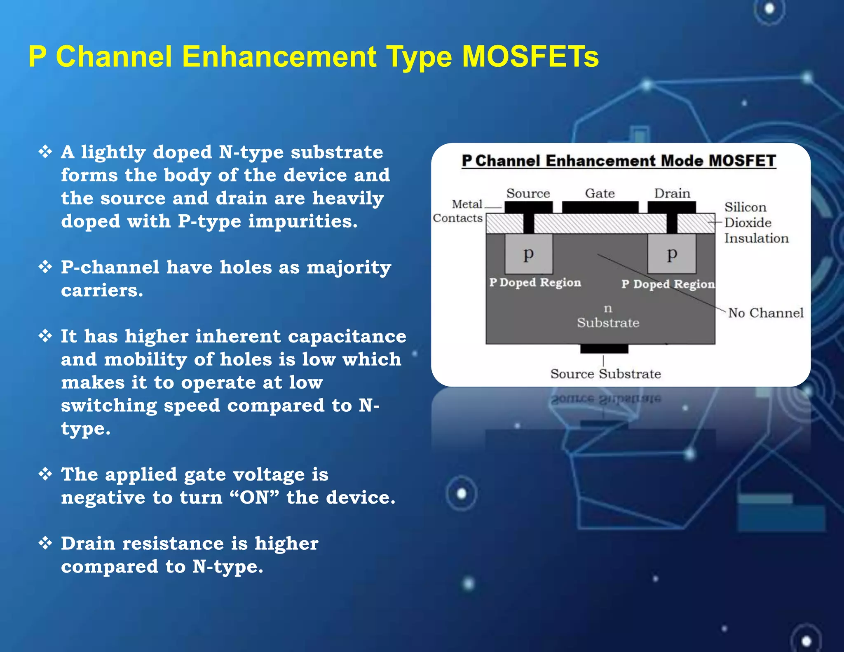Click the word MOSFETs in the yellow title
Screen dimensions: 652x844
tap(530, 56)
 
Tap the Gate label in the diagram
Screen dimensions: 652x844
tap(600, 193)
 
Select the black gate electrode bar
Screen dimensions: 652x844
tap(600, 207)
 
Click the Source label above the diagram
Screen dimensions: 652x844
tap(528, 193)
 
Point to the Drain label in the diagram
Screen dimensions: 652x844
tap(672, 193)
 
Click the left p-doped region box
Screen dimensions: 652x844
tap(529, 254)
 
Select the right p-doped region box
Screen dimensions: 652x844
tap(672, 254)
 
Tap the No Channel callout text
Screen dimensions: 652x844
tap(765, 313)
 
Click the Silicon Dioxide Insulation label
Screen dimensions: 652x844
tap(756, 223)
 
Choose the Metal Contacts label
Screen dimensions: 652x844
tap(458, 211)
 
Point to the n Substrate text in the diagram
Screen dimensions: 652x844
tap(608, 316)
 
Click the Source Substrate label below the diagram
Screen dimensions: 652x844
tap(605, 374)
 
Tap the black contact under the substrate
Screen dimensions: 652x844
tap(604, 349)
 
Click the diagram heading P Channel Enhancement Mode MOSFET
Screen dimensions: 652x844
tap(619, 161)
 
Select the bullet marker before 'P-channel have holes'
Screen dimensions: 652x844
tap(45, 267)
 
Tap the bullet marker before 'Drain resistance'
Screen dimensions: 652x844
tap(45, 543)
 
